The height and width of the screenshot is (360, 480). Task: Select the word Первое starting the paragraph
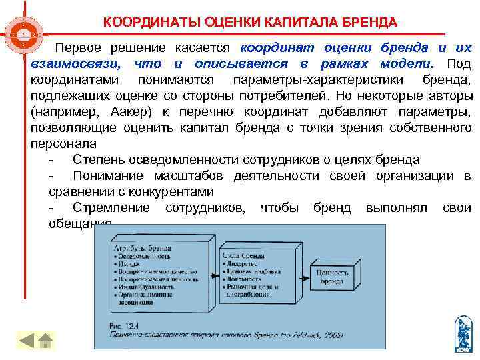tap(80, 49)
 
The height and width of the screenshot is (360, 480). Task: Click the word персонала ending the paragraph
tap(63, 144)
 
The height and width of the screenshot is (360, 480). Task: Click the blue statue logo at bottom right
tap(461, 334)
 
